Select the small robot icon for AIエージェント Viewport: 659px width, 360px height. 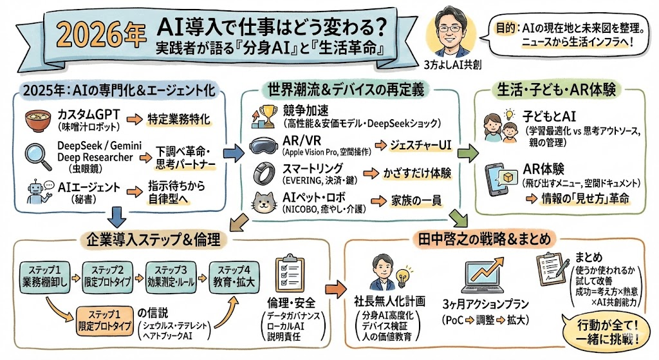click(x=36, y=190)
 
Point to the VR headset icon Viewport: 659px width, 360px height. click(x=263, y=146)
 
